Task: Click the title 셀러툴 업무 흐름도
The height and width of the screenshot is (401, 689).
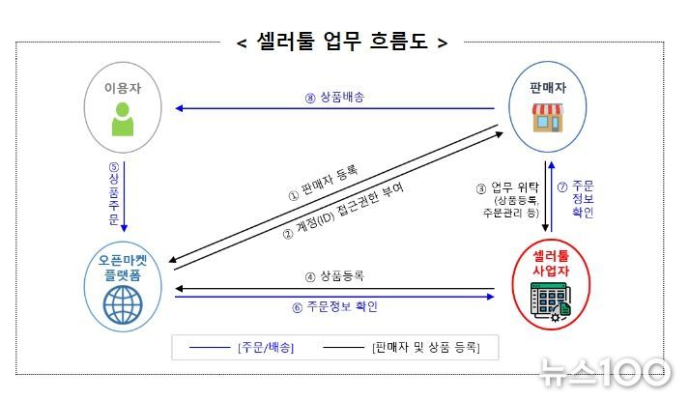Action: pyautogui.click(x=342, y=42)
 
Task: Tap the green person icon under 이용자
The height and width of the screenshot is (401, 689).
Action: pyautogui.click(x=123, y=119)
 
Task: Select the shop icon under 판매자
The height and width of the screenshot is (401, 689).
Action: pyautogui.click(x=548, y=118)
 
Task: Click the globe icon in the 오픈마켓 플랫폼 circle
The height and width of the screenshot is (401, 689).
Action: pyautogui.click(x=123, y=304)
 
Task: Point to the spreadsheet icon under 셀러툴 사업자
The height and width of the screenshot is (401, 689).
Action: pyautogui.click(x=551, y=301)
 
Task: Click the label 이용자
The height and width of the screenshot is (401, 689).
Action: pyautogui.click(x=123, y=88)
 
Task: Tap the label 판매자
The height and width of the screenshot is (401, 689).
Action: pyautogui.click(x=548, y=88)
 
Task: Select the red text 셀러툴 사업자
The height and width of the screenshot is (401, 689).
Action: pyautogui.click(x=551, y=263)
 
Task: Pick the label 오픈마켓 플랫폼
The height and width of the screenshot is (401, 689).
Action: pyautogui.click(x=123, y=268)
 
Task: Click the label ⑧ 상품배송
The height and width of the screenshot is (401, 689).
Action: pyautogui.click(x=334, y=97)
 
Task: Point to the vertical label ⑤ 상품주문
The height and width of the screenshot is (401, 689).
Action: pyautogui.click(x=114, y=193)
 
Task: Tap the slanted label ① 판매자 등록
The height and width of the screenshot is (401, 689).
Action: pyautogui.click(x=323, y=183)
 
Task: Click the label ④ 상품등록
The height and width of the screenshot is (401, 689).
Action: pyautogui.click(x=334, y=276)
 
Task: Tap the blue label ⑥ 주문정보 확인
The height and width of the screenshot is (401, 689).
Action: pyautogui.click(x=334, y=306)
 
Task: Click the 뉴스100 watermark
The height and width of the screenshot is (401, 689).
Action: pyautogui.click(x=606, y=372)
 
